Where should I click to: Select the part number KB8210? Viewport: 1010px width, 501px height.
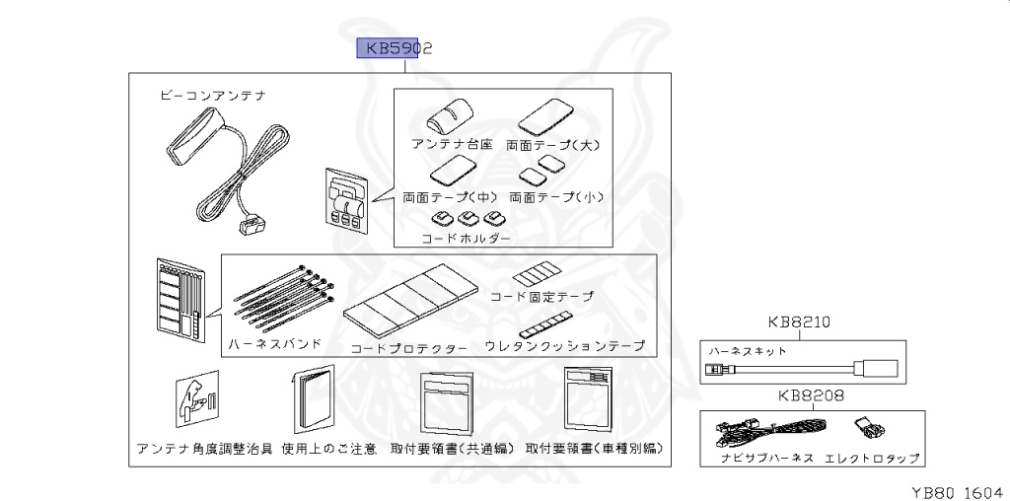pos(800,322)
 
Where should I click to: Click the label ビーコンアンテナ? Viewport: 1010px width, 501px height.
pos(212,97)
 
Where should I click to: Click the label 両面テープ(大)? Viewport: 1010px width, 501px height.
pos(553,144)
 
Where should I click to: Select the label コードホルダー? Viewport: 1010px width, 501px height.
pos(466,239)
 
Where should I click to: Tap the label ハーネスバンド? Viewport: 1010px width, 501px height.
pos(275,344)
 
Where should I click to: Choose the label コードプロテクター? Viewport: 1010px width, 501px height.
pos(409,349)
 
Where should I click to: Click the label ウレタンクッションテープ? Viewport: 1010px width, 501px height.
pos(565,346)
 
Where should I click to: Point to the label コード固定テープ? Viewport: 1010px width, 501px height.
pos(542,296)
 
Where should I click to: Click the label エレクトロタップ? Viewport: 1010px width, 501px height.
pos(872,459)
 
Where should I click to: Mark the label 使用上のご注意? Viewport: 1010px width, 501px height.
pos(328,450)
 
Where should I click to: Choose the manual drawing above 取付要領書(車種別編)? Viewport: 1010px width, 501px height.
pos(590,402)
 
